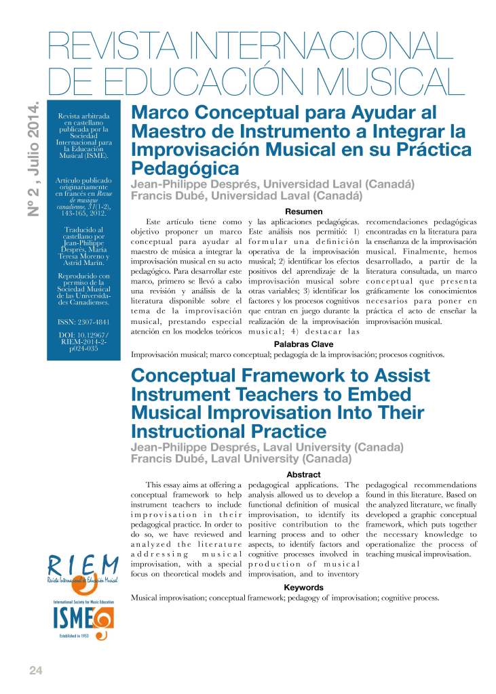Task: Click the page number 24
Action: [36, 670]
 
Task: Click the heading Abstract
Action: [303, 474]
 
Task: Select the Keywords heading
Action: [303, 588]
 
